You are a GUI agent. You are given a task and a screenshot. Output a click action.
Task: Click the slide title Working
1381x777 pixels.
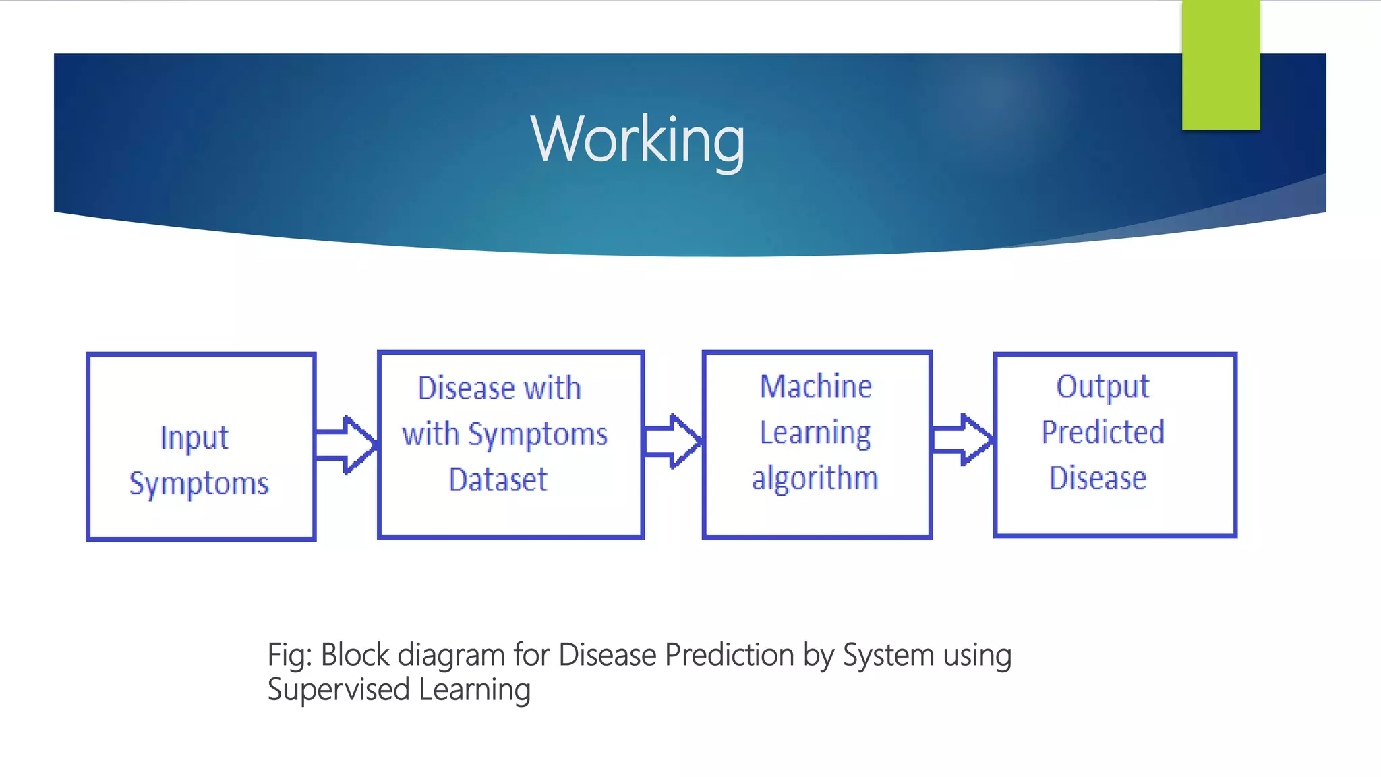pos(637,139)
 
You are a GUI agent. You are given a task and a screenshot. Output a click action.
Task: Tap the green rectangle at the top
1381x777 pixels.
pos(1221,65)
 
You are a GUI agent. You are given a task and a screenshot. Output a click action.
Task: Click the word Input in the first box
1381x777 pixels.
pos(194,438)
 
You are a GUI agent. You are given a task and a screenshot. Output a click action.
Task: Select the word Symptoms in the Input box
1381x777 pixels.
pos(199,484)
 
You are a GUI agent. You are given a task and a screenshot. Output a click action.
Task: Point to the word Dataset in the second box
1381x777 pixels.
pos(498,480)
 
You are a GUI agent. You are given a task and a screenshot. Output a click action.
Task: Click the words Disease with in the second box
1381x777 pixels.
pos(499,388)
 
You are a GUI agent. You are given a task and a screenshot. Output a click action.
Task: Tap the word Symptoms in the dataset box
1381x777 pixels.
pos(537,434)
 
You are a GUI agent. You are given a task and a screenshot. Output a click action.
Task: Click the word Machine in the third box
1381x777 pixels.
pos(816,386)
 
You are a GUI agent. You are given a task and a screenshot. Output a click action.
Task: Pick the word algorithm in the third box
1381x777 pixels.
pos(815,478)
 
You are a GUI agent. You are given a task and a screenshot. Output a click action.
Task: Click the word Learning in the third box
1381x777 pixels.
pos(815,433)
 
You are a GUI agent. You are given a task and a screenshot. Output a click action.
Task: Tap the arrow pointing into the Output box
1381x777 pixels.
pos(962,440)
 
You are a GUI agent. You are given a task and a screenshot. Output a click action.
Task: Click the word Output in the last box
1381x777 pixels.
pos(1103,387)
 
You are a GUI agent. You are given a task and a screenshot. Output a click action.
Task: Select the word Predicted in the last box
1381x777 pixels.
pos(1103,432)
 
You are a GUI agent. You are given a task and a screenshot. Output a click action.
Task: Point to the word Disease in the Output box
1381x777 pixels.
pos(1098,478)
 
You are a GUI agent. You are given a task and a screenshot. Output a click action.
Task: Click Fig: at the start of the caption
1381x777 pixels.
pos(289,656)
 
